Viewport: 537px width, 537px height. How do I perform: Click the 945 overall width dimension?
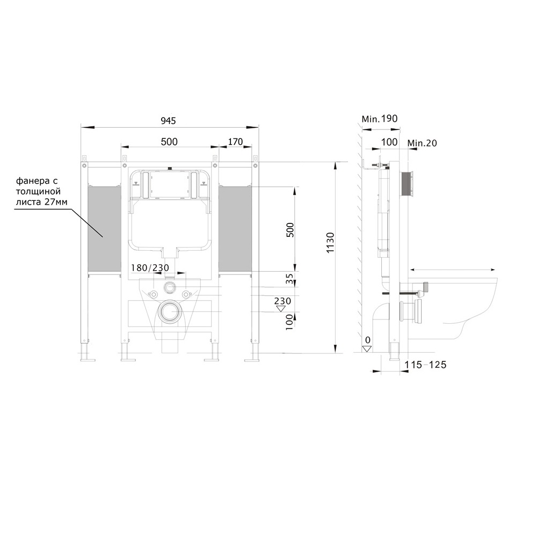[x=168, y=120]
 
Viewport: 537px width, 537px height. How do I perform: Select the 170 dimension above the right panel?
[x=235, y=141]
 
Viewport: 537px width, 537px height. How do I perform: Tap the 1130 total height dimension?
[x=330, y=243]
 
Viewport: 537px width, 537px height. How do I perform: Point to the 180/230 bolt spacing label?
[x=150, y=267]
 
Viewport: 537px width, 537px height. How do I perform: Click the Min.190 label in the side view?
[x=380, y=119]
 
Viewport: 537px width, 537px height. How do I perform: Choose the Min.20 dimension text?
[x=422, y=143]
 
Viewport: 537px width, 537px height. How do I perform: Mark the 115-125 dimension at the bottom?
[x=425, y=365]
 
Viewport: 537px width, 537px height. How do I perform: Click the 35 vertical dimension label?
[x=290, y=278]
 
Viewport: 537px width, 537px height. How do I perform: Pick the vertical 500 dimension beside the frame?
[x=290, y=230]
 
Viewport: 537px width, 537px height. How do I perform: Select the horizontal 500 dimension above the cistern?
[x=169, y=141]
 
